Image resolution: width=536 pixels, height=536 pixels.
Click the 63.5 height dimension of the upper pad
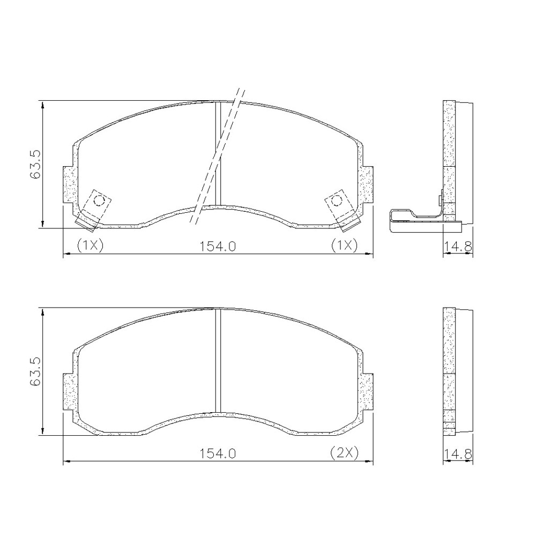[35, 164]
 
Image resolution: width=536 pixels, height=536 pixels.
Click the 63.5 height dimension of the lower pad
[35, 371]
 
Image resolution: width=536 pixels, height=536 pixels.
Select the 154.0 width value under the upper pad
[218, 246]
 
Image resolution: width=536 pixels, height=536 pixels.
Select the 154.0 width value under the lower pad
[218, 453]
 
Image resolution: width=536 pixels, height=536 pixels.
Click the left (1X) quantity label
[90, 245]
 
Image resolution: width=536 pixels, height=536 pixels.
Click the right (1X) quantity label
[344, 245]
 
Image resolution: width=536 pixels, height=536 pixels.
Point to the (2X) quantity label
[344, 453]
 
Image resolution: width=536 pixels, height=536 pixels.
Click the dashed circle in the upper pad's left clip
[100, 200]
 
